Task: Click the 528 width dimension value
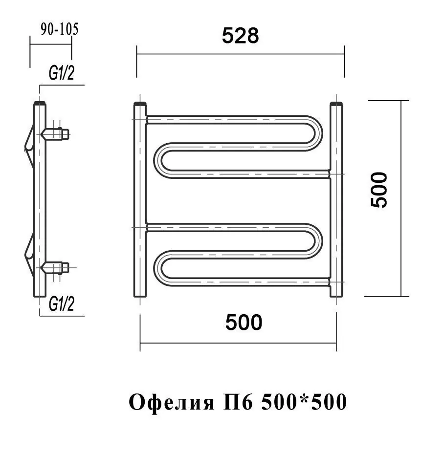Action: tap(240, 36)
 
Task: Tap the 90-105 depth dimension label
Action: tap(59, 29)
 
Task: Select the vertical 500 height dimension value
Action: tap(379, 190)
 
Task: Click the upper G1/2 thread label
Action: tap(62, 73)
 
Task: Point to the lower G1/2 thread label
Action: tap(62, 304)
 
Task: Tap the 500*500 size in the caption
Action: tap(304, 402)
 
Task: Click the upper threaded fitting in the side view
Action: tap(55, 134)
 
